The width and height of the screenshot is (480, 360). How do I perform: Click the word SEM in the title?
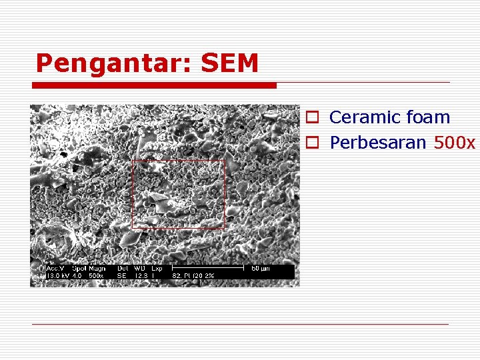tap(229, 63)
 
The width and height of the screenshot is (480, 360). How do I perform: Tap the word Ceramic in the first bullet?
tap(363, 117)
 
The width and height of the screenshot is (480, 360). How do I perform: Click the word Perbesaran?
tap(378, 143)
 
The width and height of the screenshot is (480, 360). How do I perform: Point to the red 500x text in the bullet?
tap(455, 143)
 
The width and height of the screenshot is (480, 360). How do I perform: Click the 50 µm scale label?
tap(259, 269)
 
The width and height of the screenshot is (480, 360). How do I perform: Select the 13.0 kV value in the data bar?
tap(53, 275)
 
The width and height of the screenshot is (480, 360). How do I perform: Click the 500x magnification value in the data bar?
tap(96, 275)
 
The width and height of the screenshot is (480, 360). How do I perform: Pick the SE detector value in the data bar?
tap(122, 275)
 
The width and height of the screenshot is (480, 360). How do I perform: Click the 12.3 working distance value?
tap(141, 275)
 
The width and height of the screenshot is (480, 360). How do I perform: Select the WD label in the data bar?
tap(139, 269)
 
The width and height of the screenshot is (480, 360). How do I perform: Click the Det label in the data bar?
tap(123, 269)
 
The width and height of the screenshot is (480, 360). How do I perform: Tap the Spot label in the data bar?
tap(78, 269)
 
